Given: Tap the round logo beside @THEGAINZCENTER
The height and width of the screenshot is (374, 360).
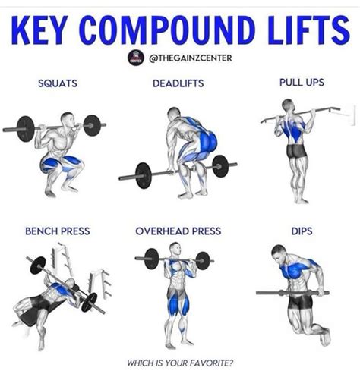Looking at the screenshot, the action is click(136, 58).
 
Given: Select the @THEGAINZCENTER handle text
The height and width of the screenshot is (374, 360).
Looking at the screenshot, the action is click(191, 58).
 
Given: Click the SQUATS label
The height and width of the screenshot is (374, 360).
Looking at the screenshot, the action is click(58, 83).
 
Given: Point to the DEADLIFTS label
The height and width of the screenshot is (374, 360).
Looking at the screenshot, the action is click(178, 83).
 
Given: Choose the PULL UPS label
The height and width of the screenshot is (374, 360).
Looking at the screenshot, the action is click(302, 83).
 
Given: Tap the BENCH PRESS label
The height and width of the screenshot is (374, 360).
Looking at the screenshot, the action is click(58, 231).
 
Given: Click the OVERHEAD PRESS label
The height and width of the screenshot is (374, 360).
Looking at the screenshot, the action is click(178, 231).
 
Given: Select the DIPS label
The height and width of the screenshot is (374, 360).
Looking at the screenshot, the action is click(302, 231).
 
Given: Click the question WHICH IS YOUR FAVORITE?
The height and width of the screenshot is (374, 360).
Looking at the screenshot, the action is click(180, 363).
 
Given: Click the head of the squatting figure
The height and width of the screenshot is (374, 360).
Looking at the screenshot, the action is click(68, 120).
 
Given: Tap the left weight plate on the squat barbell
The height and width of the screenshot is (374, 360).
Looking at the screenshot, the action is click(25, 129).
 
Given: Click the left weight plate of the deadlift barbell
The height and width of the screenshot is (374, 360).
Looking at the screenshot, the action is click(144, 175).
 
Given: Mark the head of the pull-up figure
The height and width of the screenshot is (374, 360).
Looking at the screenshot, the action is click(288, 105).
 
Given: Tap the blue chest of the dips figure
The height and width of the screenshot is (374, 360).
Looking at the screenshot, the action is click(295, 270).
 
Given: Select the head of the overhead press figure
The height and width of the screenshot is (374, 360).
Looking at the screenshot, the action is click(175, 249).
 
